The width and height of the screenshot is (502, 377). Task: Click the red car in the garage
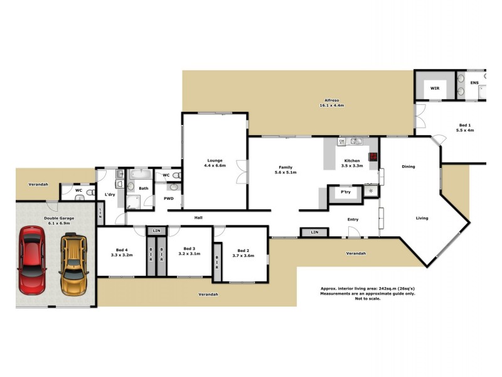tap(31, 260)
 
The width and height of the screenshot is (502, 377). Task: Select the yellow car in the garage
tap(74, 264)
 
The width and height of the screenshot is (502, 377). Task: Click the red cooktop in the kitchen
tap(373, 157)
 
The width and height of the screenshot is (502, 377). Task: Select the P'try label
tap(345, 192)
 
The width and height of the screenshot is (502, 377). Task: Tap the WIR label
tap(434, 89)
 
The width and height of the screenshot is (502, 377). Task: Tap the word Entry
tap(353, 219)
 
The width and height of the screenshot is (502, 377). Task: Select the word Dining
tap(409, 167)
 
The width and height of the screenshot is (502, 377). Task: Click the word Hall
tap(198, 217)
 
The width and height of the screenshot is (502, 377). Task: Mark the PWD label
tap(168, 199)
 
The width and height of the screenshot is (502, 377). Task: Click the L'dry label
tap(110, 195)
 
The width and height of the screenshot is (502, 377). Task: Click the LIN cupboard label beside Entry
tap(314, 232)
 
